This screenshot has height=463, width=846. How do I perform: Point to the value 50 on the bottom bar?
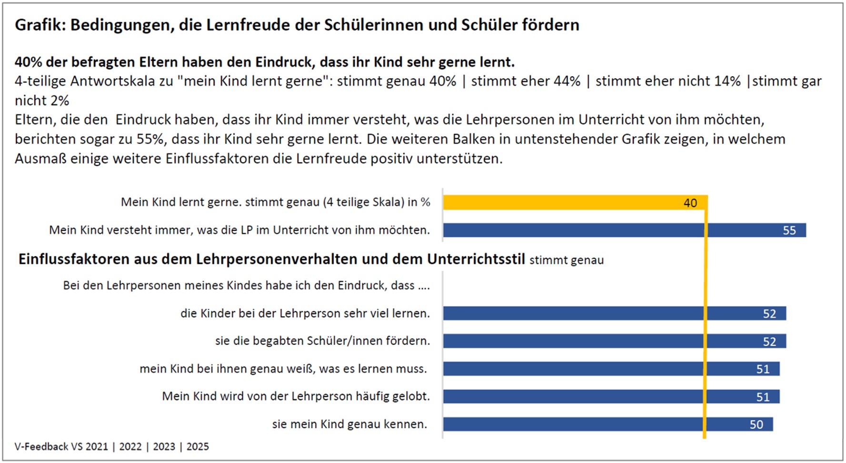tap(756, 424)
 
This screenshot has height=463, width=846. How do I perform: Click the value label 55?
tap(789, 231)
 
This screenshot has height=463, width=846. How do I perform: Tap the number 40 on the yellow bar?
tap(690, 203)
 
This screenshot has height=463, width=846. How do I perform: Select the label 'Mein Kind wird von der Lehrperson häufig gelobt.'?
tap(296, 396)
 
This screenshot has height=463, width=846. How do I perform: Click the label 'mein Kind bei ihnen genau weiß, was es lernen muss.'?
tap(283, 369)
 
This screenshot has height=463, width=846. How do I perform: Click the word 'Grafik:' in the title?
tap(40, 25)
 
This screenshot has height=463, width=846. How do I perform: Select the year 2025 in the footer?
tap(198, 447)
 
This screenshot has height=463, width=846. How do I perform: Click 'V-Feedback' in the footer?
tap(41, 447)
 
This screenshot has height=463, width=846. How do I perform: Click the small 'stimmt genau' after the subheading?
tap(567, 260)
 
